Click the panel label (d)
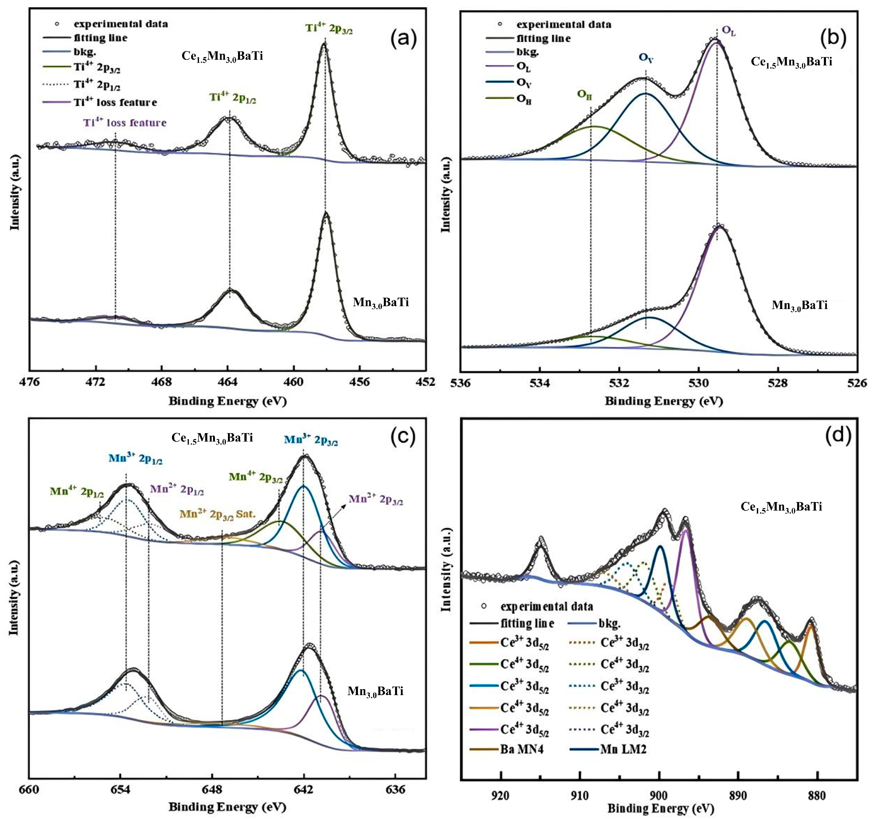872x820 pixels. point(838,434)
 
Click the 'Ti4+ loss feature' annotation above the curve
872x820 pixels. point(125,123)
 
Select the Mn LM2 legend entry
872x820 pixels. point(623,749)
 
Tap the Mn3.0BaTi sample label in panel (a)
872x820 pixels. point(381,302)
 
